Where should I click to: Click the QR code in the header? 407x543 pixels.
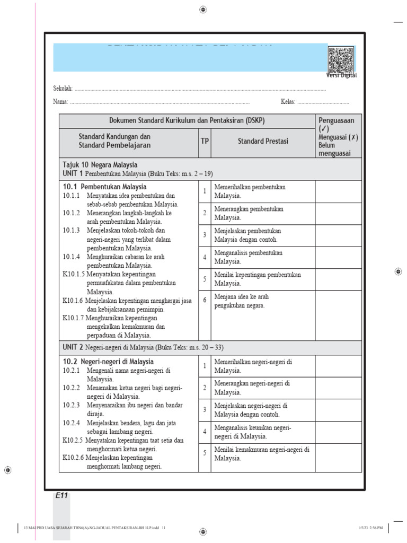click(x=341, y=60)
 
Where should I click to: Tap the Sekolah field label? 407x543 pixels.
click(x=63, y=89)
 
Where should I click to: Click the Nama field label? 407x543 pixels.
click(x=60, y=101)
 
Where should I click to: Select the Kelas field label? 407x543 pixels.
click(x=288, y=101)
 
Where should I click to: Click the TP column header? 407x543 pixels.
click(x=205, y=141)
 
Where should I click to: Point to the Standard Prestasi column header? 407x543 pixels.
click(x=263, y=141)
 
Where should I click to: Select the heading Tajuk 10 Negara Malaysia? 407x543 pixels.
click(x=100, y=165)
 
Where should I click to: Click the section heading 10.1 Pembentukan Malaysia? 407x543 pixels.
click(x=104, y=187)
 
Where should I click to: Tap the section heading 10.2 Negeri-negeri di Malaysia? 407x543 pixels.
click(x=109, y=362)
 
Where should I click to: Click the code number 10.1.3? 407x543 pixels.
click(x=71, y=230)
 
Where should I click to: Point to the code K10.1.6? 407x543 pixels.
click(x=73, y=301)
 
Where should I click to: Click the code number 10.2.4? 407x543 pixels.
click(x=71, y=423)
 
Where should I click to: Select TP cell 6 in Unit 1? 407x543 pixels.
click(x=205, y=300)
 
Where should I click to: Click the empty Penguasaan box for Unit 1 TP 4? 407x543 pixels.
click(x=338, y=257)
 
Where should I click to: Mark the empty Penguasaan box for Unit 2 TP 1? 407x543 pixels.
click(x=338, y=366)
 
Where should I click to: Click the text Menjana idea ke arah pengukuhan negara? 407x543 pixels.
click(x=246, y=301)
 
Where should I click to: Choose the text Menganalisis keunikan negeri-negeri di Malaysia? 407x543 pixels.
click(x=253, y=432)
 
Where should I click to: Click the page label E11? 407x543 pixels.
click(x=61, y=495)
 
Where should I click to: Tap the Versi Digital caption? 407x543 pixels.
click(x=341, y=75)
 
